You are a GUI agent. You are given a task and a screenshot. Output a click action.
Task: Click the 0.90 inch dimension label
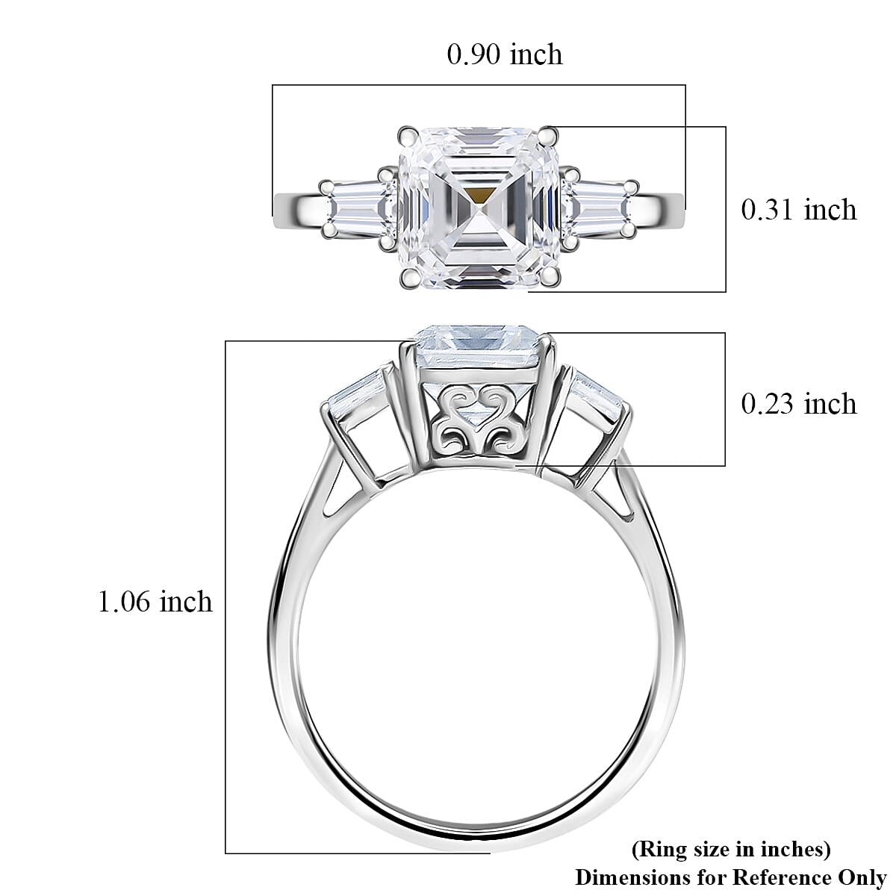pyautogui.click(x=504, y=55)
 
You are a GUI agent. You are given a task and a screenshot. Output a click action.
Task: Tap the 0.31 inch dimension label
pyautogui.click(x=798, y=210)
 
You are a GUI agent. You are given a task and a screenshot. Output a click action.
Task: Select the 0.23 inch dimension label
pyautogui.click(x=798, y=404)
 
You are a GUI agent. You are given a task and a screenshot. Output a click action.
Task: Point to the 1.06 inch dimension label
pyautogui.click(x=155, y=601)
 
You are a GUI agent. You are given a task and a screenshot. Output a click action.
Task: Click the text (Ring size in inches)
pyautogui.click(x=730, y=849)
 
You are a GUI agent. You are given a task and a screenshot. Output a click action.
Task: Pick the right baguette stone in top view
pyautogui.click(x=601, y=210)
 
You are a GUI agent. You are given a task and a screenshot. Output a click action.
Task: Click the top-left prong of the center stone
pyautogui.click(x=407, y=135)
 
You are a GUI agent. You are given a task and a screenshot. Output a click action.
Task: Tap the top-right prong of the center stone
pyautogui.click(x=550, y=135)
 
